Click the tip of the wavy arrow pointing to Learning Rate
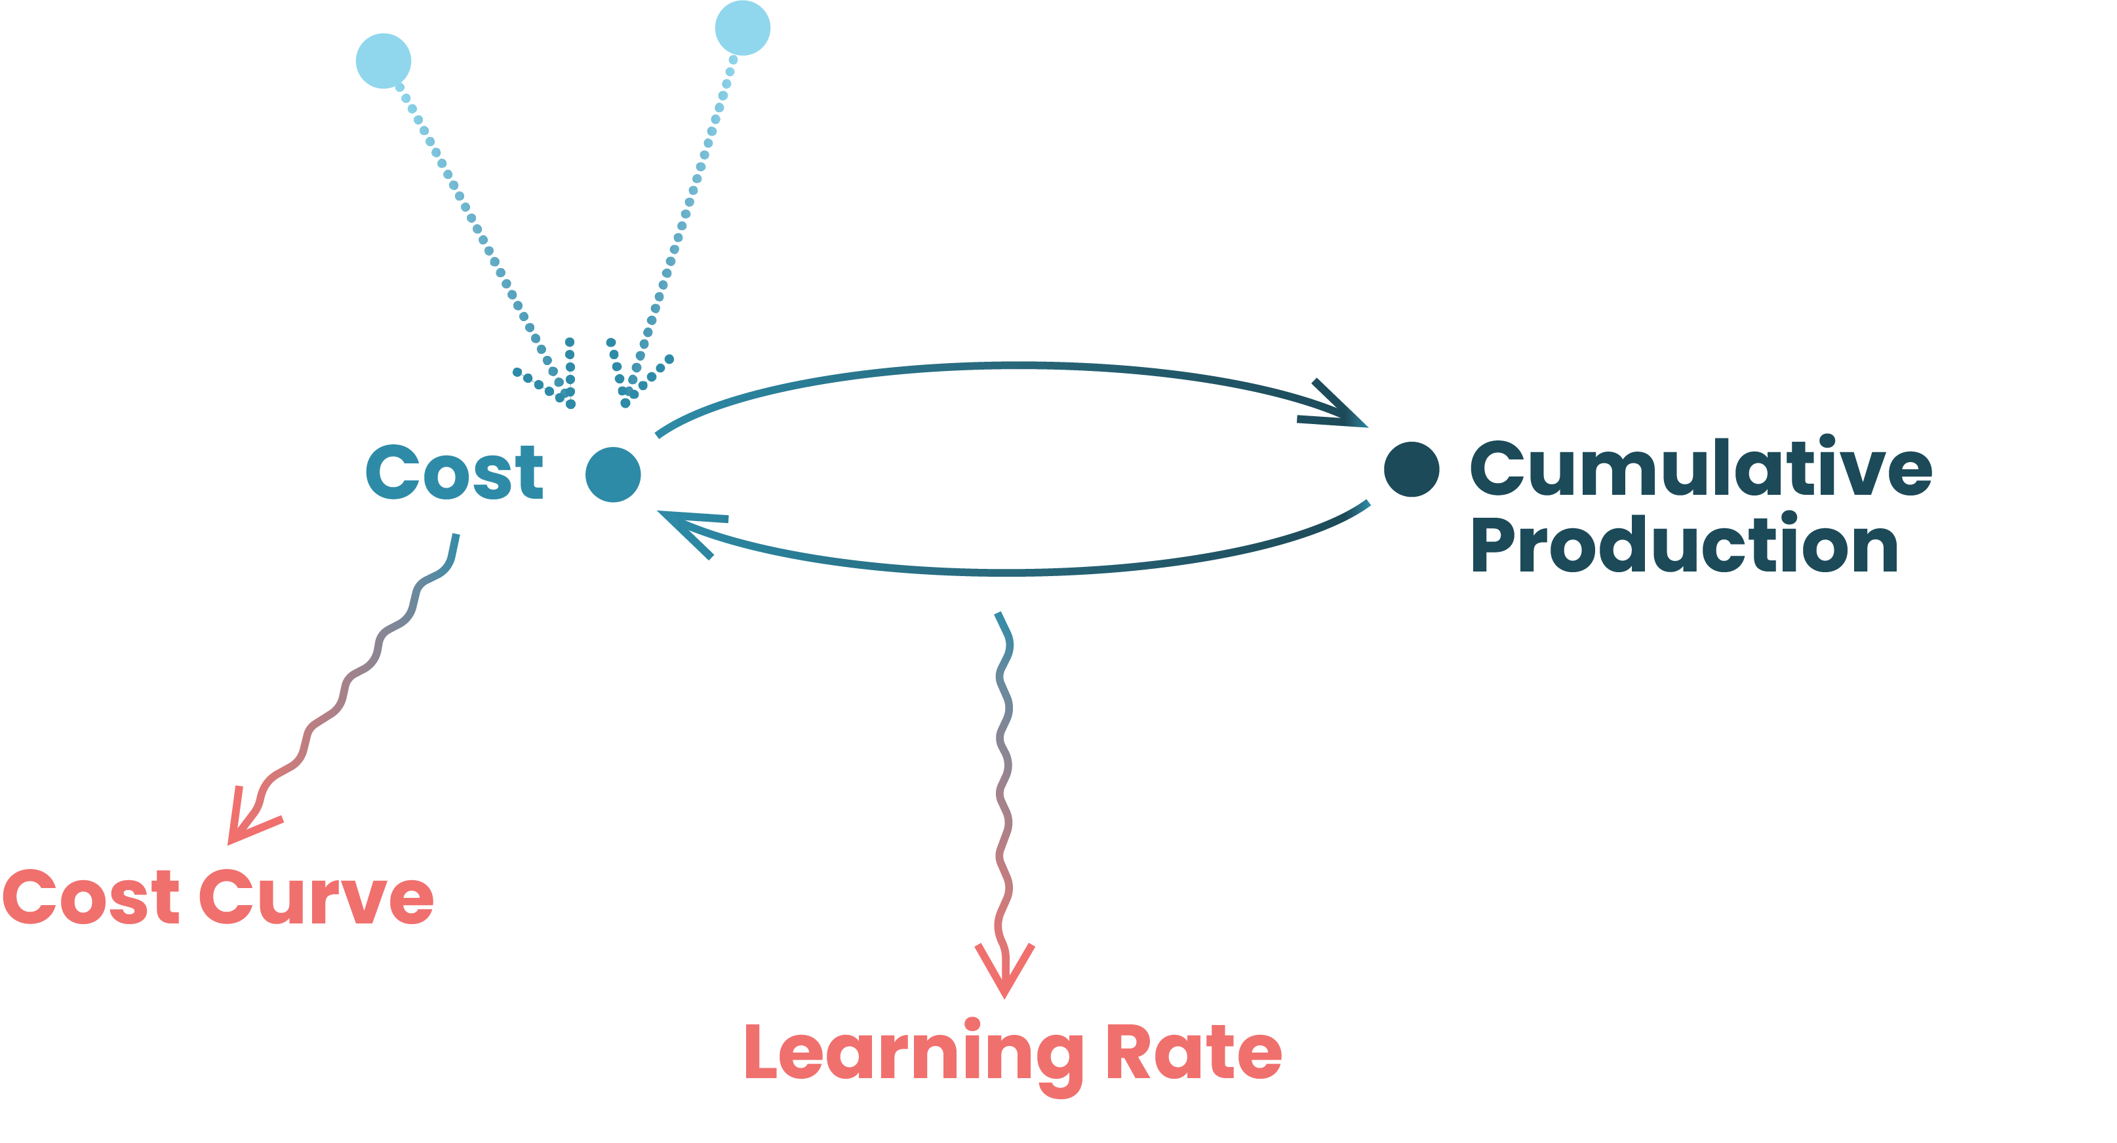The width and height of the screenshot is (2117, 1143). click(1004, 998)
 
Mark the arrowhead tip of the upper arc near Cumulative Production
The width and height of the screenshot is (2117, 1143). click(1367, 427)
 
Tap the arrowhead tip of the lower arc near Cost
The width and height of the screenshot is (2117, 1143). click(658, 512)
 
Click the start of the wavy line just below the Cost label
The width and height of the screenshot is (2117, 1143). click(456, 535)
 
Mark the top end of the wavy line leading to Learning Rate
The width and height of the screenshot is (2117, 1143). click(999, 613)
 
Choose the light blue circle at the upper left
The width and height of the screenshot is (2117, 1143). click(383, 61)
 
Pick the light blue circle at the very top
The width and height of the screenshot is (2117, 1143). click(743, 28)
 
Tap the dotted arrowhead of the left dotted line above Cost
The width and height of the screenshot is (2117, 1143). click(570, 404)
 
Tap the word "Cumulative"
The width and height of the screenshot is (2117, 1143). click(1701, 466)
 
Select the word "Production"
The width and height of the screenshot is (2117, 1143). click(1685, 543)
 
